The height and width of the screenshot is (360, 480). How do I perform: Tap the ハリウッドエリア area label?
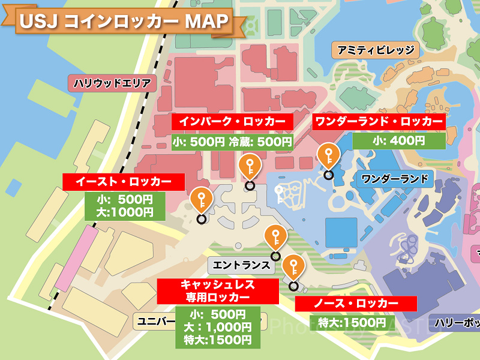coord(112,83)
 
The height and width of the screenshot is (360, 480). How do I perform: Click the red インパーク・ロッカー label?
coord(232,122)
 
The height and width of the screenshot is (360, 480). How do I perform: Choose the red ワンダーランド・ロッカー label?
coord(379,122)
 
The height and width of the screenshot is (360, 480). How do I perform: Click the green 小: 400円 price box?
coord(398,141)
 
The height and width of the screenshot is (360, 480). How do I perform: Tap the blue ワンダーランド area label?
coord(395,178)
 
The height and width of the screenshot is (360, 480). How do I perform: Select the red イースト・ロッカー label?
coord(123,182)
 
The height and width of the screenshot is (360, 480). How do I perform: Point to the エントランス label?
coord(241,265)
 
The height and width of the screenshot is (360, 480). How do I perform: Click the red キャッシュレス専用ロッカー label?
coord(217,291)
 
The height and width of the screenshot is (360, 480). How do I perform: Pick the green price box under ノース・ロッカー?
coord(347,323)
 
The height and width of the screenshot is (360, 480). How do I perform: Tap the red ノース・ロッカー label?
coord(355,304)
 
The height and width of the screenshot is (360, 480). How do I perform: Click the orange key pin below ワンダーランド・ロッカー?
coord(328,157)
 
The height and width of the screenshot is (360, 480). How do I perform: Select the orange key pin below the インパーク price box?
coord(248,167)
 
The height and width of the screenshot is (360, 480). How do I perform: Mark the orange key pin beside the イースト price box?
coord(200,200)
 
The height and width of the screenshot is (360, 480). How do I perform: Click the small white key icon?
coord(279,194)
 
